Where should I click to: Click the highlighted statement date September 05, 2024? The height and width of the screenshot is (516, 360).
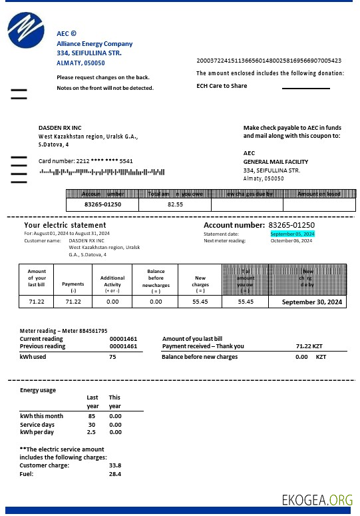pyautogui.click(x=292, y=234)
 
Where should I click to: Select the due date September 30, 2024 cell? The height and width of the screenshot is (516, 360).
pyautogui.click(x=312, y=302)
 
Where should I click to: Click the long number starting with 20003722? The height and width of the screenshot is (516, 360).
pyautogui.click(x=270, y=60)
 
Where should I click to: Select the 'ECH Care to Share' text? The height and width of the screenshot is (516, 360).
pyautogui.click(x=222, y=86)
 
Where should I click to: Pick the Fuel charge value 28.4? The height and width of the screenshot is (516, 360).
pyautogui.click(x=114, y=474)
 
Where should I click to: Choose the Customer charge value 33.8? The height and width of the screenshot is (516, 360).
pyautogui.click(x=114, y=465)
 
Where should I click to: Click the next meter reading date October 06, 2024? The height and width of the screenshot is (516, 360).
pyautogui.click(x=291, y=241)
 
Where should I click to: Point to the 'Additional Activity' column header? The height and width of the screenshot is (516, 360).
pyautogui.click(x=112, y=281)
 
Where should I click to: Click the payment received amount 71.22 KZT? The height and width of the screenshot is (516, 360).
pyautogui.click(x=309, y=346)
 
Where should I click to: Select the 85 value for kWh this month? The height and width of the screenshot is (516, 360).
pyautogui.click(x=91, y=416)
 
